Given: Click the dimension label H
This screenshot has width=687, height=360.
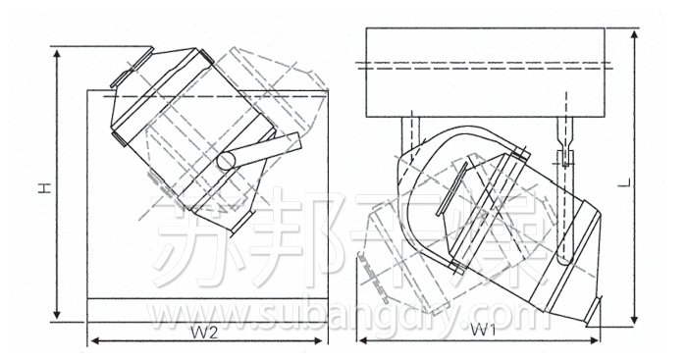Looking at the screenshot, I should (x=44, y=183).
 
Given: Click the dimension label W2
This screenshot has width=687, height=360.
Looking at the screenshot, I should (x=204, y=332).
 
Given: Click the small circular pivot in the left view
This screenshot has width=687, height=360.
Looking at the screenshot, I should (x=227, y=159).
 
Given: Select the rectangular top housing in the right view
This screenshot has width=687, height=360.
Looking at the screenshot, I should (x=489, y=71).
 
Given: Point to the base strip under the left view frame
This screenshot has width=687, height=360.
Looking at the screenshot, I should (x=207, y=309).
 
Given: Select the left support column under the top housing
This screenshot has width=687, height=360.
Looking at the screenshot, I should (x=406, y=135).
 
